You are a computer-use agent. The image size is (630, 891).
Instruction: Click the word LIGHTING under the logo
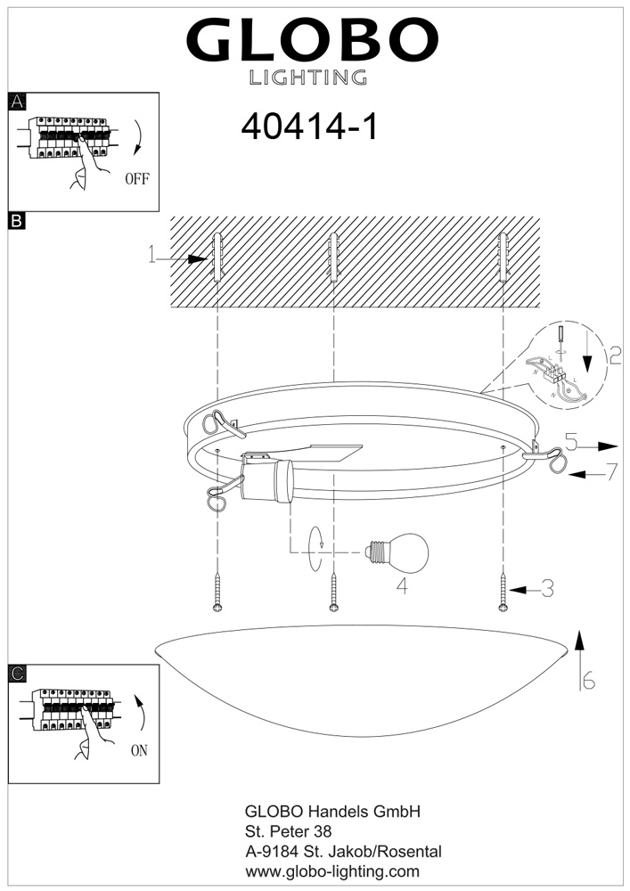pos(307,78)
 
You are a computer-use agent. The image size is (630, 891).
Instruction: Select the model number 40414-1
pos(310,127)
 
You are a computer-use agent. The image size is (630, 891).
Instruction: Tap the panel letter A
pos(16,102)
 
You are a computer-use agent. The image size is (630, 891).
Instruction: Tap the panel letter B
pos(16,220)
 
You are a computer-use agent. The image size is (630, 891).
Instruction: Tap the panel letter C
pos(16,674)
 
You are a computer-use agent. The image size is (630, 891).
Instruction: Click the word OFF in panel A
pos(136,178)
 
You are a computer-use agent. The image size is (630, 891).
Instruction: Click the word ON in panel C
pos(139,750)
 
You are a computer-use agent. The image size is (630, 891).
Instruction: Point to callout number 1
pos(152,257)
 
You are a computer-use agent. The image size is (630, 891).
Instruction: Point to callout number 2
pos(615,356)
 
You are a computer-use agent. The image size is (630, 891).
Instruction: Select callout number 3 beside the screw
pos(547,588)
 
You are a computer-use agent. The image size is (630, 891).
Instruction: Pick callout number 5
pos(571,440)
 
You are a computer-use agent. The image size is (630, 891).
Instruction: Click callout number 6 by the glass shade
pos(588,681)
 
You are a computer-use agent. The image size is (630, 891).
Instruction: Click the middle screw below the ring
pos(334,592)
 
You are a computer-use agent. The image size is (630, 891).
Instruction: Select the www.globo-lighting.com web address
pos(331,871)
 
